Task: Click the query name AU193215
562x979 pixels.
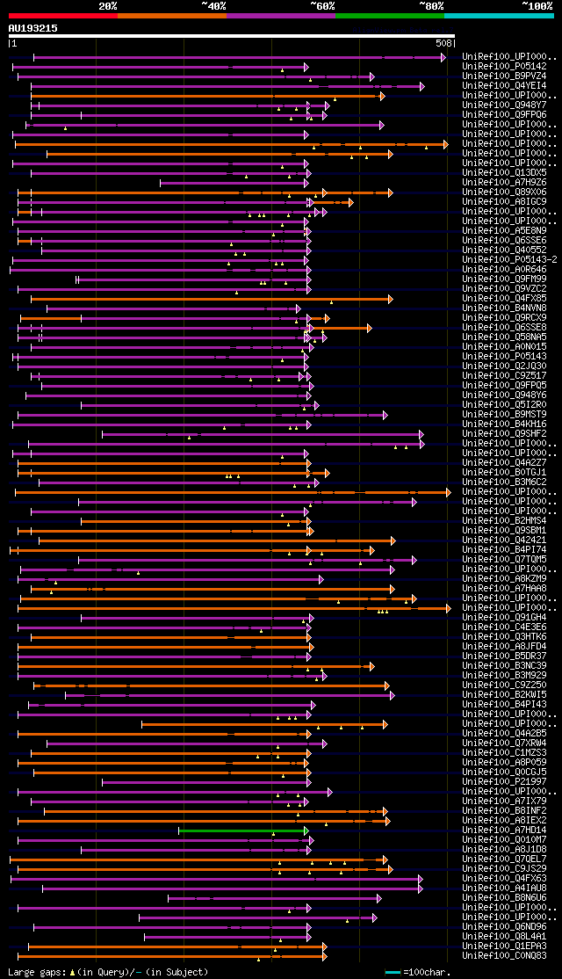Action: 33,28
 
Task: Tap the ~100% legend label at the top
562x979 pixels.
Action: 537,6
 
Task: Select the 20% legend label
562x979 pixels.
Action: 108,6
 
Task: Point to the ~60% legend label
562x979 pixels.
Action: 322,6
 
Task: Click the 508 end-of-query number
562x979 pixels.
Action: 444,42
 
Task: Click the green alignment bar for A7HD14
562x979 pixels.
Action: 242,830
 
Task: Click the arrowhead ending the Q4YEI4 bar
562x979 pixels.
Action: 422,86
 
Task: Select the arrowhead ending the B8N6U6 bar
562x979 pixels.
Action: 378,898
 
